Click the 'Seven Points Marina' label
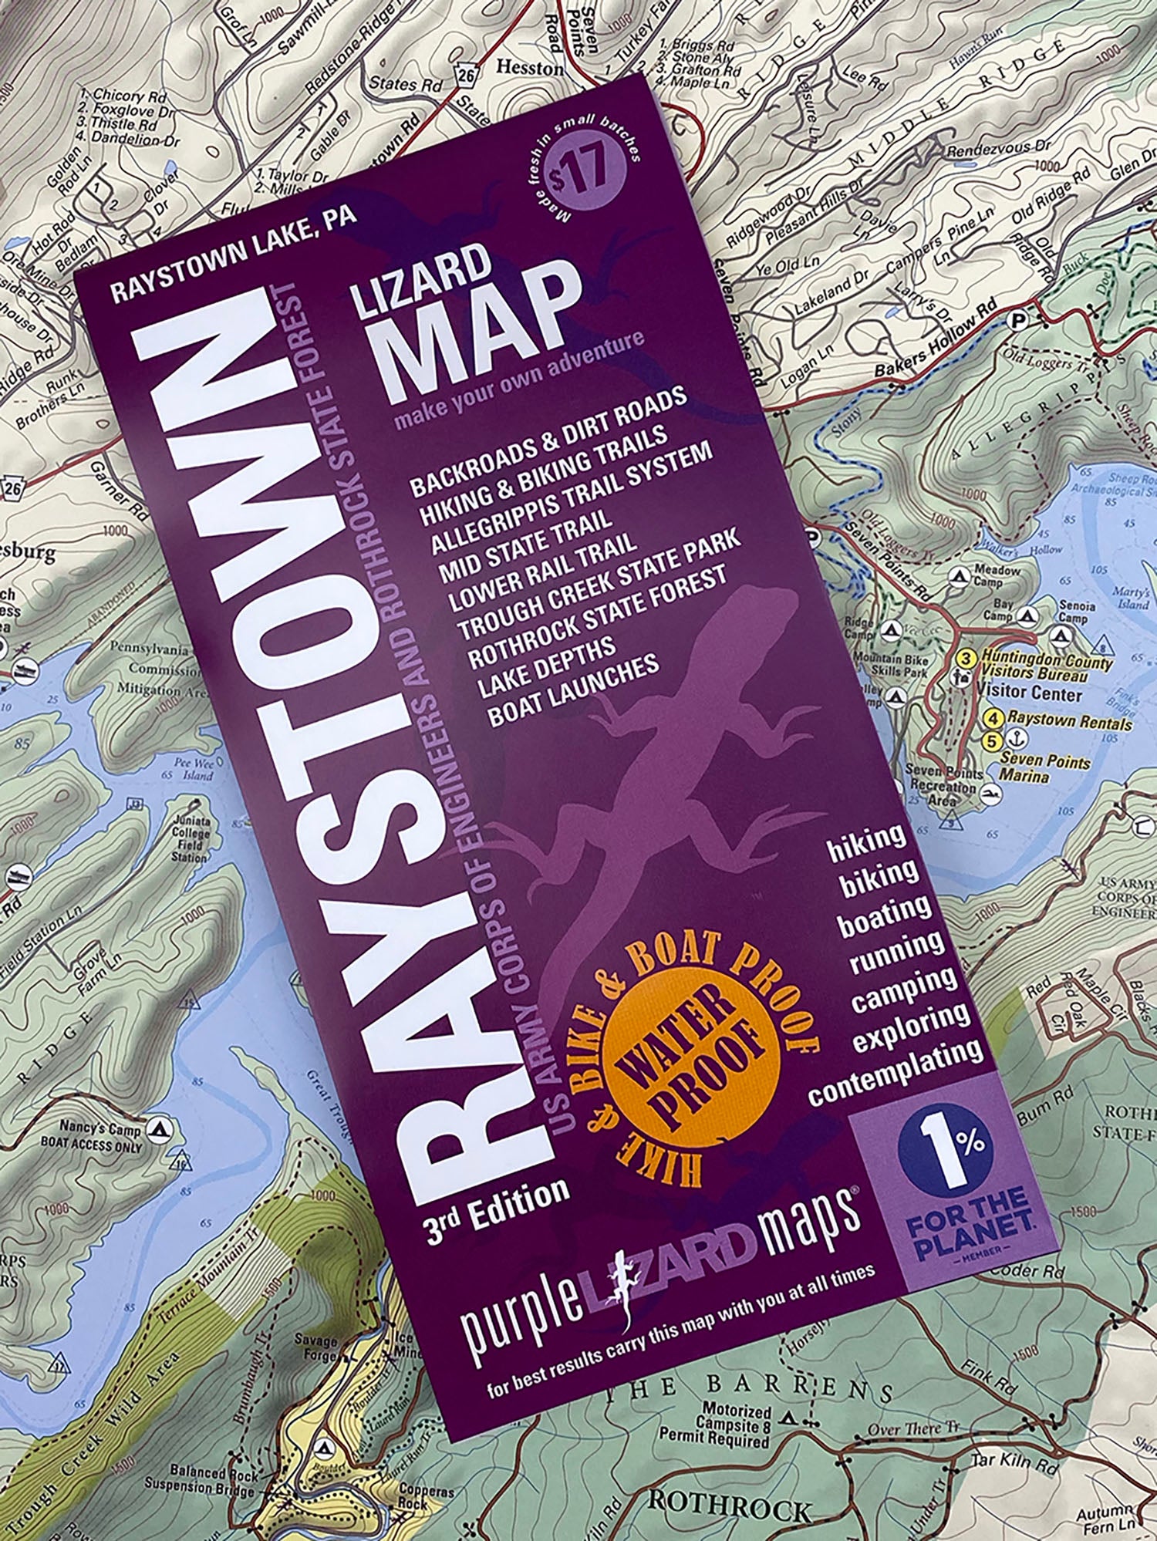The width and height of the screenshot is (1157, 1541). point(1045,768)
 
